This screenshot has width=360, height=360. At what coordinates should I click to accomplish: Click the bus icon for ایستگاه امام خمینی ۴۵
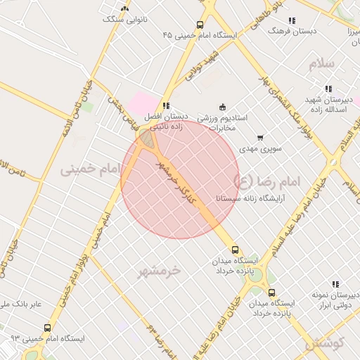(x=200, y=25)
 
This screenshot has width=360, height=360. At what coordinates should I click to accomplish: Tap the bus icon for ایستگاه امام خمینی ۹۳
(x=47, y=328)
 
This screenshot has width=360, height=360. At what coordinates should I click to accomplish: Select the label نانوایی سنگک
(x=126, y=19)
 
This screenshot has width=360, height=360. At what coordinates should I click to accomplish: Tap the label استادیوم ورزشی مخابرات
(x=222, y=123)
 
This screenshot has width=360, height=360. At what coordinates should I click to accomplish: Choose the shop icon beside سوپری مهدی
(x=260, y=137)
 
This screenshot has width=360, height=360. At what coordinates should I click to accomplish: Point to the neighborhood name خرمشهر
(x=160, y=270)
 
